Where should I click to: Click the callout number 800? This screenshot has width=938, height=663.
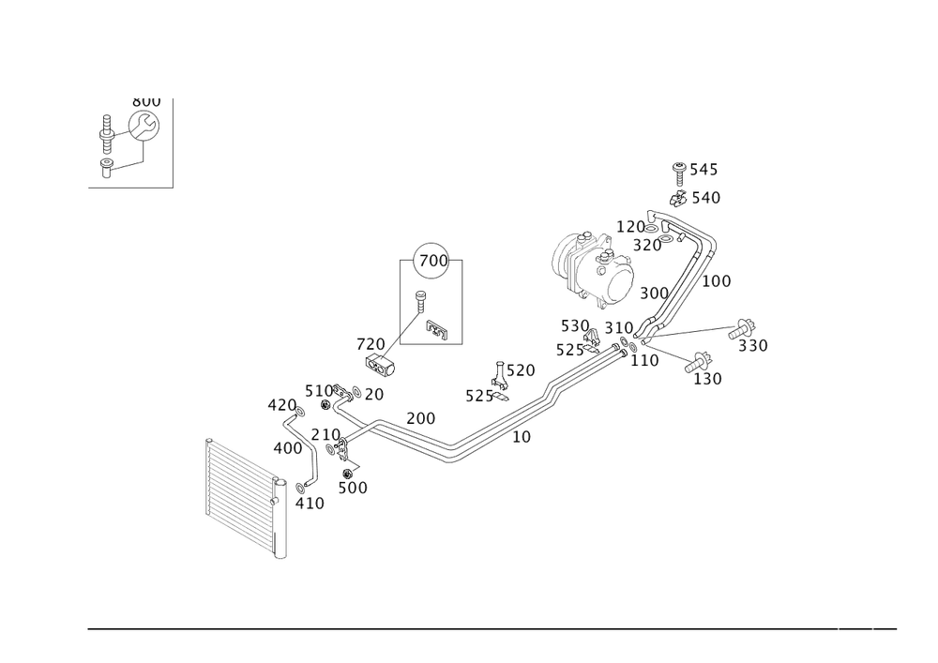pyautogui.click(x=146, y=101)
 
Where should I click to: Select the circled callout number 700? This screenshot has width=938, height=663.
pyautogui.click(x=432, y=259)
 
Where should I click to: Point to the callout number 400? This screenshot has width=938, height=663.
pyautogui.click(x=286, y=448)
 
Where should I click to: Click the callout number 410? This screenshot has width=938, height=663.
pyautogui.click(x=310, y=504)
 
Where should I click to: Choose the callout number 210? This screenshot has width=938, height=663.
pyautogui.click(x=325, y=434)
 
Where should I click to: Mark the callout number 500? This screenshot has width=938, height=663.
pyautogui.click(x=354, y=487)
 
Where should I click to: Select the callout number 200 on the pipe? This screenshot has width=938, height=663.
pyautogui.click(x=420, y=417)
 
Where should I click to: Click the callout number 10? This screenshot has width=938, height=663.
pyautogui.click(x=522, y=437)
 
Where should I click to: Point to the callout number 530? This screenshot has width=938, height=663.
pyautogui.click(x=573, y=325)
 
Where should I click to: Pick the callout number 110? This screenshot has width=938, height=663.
pyautogui.click(x=643, y=360)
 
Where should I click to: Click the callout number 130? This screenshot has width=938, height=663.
pyautogui.click(x=706, y=378)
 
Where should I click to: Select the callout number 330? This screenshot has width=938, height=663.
pyautogui.click(x=752, y=347)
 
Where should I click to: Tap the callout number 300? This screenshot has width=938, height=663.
pyautogui.click(x=654, y=294)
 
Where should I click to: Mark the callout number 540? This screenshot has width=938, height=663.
pyautogui.click(x=705, y=198)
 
